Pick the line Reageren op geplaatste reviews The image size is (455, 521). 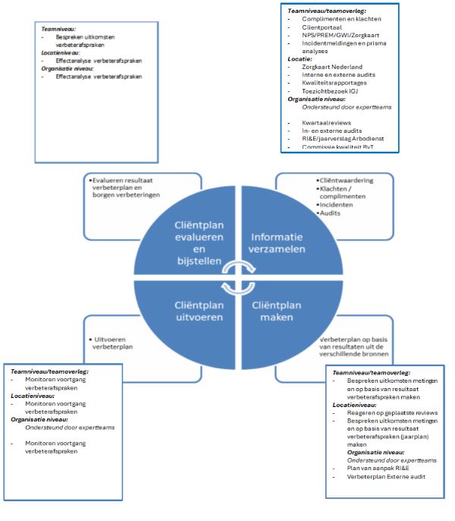coord(387,412)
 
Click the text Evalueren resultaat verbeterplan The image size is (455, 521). coord(130,180)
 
